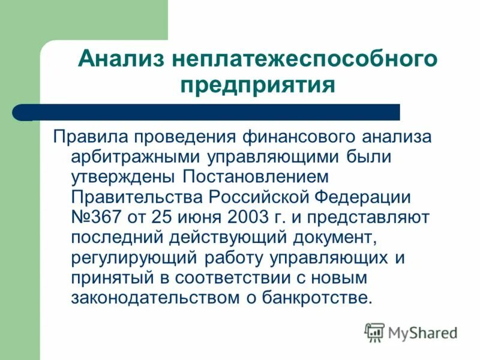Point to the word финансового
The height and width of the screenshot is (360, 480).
point(295,136)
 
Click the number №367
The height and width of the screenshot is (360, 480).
point(95,217)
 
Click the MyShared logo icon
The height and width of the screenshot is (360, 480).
point(374,332)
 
